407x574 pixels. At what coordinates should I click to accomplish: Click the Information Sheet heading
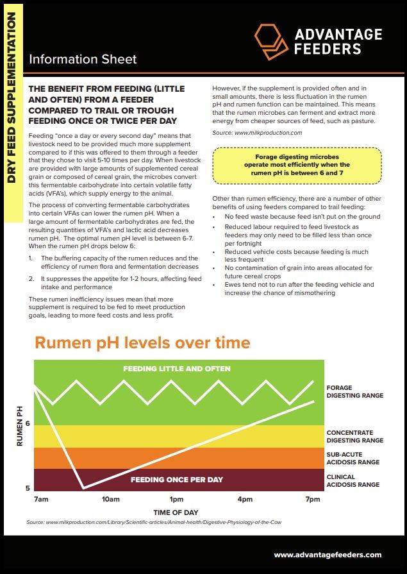coord(83,60)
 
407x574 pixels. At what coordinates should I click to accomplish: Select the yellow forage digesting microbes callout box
coord(297,165)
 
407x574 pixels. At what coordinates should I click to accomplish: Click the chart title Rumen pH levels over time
coord(142,342)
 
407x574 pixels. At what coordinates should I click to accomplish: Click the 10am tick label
coord(110,499)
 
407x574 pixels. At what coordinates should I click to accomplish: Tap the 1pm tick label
coord(177,499)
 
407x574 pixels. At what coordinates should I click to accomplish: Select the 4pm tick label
coord(244,499)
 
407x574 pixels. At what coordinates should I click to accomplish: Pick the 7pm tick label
coord(313,499)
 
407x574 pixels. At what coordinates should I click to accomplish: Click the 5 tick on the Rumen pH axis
coord(27,488)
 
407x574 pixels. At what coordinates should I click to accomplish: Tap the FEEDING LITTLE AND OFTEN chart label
coord(176,369)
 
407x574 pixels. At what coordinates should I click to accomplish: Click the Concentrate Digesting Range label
coord(354,437)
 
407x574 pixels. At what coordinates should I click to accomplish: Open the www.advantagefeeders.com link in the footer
coord(328,555)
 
